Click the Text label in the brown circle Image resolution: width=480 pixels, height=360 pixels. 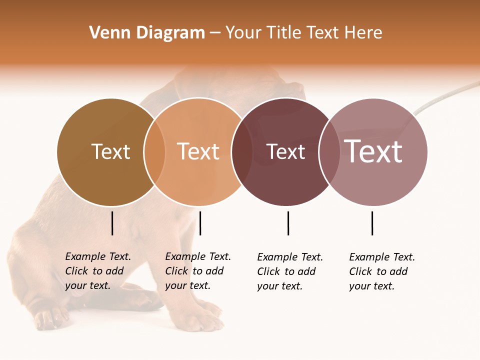110,152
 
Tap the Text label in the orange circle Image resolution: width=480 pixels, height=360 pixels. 198,152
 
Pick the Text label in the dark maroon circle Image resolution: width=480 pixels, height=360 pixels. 285,152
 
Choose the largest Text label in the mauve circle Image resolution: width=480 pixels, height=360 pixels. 373,152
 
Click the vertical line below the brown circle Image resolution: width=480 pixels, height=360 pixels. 112,223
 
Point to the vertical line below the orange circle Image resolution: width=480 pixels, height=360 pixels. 200,223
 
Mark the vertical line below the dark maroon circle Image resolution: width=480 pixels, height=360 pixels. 288,223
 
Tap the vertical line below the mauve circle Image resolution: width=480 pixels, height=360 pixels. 372,223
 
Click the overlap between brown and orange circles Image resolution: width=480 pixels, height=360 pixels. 154,152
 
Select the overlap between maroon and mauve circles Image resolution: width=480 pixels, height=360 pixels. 329,152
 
